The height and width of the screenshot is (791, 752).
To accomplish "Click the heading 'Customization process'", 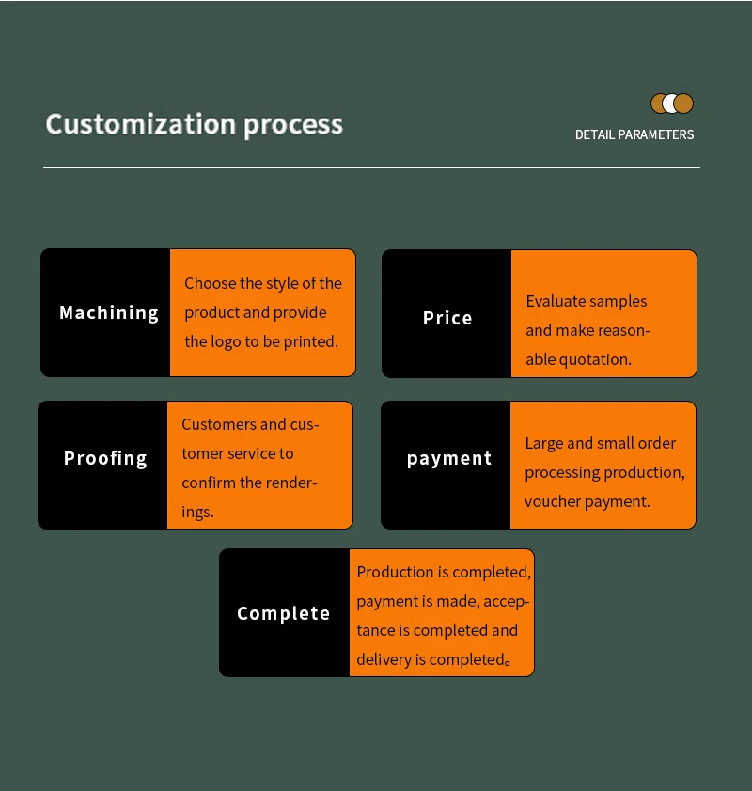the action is click(195, 124).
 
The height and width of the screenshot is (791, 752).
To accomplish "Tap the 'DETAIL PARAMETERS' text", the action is click(634, 134).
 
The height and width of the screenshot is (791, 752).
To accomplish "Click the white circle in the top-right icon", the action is click(671, 103).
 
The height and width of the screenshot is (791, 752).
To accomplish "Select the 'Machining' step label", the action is click(109, 312).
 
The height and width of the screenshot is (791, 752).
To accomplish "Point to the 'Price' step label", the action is click(447, 318).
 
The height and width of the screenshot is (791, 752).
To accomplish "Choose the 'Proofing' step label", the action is click(105, 458).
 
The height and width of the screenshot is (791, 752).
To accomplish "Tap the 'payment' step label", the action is click(449, 458).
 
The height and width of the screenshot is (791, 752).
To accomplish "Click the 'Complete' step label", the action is click(284, 613).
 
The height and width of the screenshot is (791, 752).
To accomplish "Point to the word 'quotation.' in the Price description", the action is click(595, 359).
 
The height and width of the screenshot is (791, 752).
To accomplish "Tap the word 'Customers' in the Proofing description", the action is click(219, 424).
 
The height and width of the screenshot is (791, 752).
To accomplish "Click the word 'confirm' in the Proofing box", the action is click(209, 483).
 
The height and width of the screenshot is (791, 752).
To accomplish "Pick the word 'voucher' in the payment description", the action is click(553, 501).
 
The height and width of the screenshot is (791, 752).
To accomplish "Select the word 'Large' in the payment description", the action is click(543, 443).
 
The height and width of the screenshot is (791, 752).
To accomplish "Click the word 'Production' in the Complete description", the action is click(396, 572).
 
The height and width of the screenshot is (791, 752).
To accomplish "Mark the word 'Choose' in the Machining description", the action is click(210, 283).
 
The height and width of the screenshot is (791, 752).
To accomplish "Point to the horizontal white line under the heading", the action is click(371, 168).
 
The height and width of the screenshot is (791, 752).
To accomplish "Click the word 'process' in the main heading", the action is click(293, 124).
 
